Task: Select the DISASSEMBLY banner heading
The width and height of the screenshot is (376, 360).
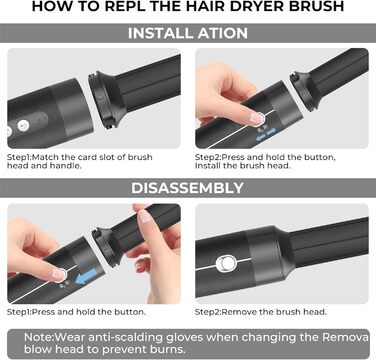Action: pyautogui.click(x=188, y=187)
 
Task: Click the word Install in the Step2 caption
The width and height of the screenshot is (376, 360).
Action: pyautogui.click(x=214, y=168)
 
